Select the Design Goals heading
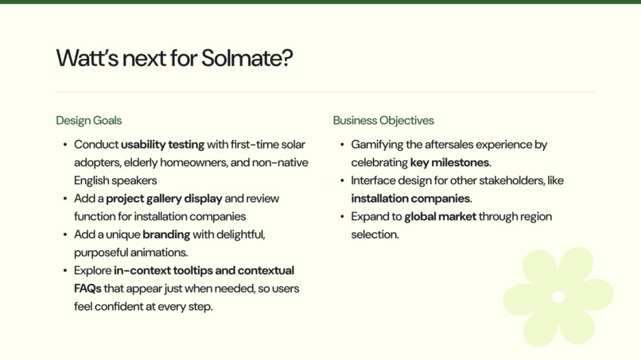(x=88, y=121)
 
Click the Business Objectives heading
(x=383, y=121)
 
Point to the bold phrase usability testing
(x=162, y=145)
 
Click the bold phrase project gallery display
(x=164, y=199)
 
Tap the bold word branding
(x=166, y=234)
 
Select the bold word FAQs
(x=87, y=288)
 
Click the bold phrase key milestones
(x=449, y=163)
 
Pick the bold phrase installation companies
(x=410, y=199)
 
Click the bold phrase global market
(x=440, y=217)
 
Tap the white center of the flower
(x=558, y=297)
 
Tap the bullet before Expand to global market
(x=342, y=217)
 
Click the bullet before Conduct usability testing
(x=65, y=145)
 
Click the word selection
(x=374, y=234)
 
